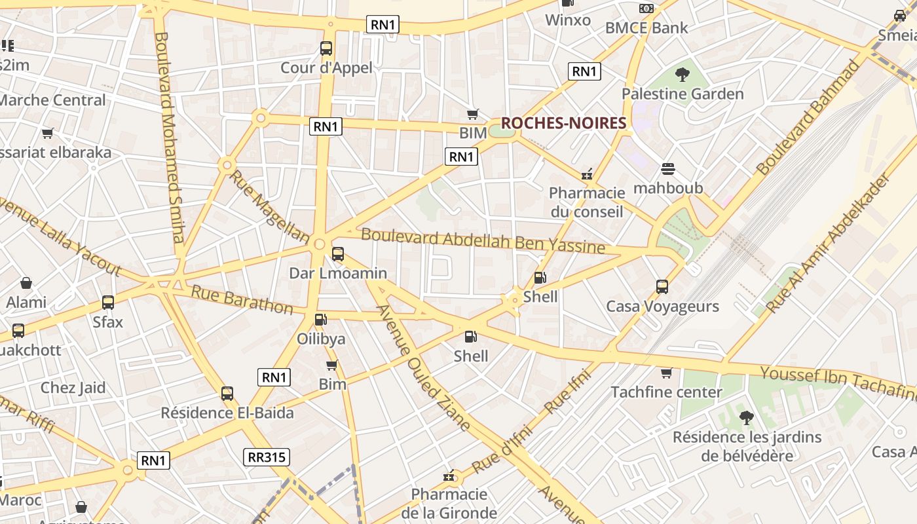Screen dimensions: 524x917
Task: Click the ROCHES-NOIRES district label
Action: point(563,122)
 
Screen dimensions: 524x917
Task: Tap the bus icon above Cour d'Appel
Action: point(326,48)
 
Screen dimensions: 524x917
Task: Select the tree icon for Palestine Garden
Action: point(683,74)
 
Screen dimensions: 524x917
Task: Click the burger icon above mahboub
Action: point(668,169)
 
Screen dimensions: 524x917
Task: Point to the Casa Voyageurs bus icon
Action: point(662,287)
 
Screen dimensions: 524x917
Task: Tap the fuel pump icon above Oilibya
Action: point(320,320)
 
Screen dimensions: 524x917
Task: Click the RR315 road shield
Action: point(267,457)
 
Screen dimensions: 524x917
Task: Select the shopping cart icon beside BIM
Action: point(472,114)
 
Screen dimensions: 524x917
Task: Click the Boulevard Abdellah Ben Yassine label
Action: point(483,240)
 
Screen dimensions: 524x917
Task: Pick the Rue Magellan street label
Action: point(269,206)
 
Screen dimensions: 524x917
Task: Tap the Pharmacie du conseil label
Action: point(587,202)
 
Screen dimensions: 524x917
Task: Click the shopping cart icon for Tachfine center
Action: point(666,373)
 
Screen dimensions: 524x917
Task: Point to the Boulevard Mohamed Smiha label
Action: point(170,138)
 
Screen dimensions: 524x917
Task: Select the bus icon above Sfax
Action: point(108,303)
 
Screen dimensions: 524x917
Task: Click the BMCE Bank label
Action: point(646,28)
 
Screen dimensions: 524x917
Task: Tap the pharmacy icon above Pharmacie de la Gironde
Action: point(449,476)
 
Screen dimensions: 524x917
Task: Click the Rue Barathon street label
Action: point(242,299)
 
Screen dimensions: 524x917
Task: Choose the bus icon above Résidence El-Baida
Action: point(227,394)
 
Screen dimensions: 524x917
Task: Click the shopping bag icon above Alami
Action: point(26,283)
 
